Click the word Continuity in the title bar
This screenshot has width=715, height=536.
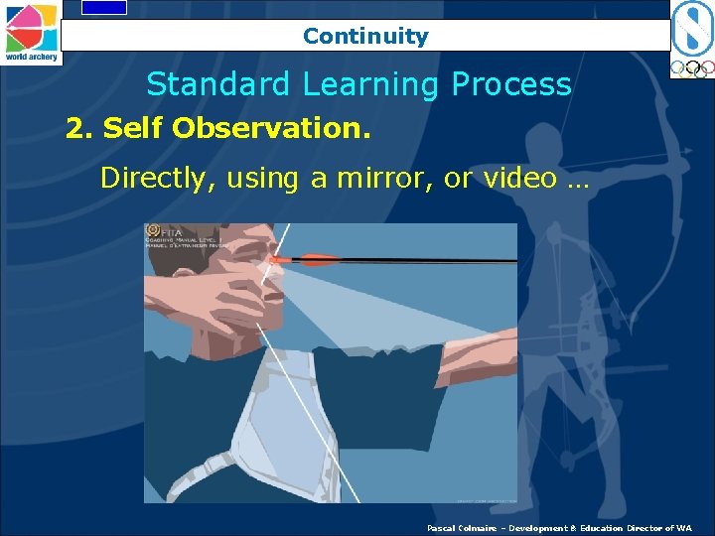(x=365, y=37)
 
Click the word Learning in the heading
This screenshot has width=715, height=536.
(x=371, y=85)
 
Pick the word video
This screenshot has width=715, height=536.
(x=534, y=179)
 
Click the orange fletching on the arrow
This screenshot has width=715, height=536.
(x=317, y=260)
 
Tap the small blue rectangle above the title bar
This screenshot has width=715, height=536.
(x=103, y=7)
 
